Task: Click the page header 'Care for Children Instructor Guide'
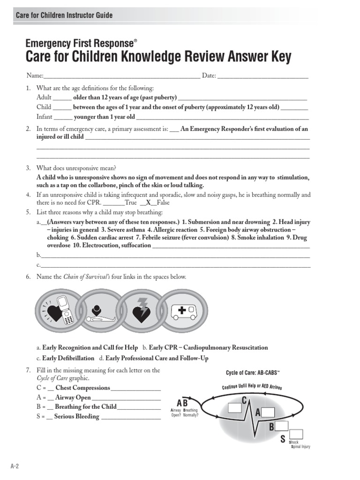click(64, 15)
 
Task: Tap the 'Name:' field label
click(35, 75)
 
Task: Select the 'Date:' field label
click(209, 75)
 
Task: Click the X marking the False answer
click(149, 203)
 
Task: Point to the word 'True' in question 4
click(131, 203)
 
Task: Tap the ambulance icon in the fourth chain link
click(184, 310)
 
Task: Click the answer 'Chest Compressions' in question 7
click(82, 388)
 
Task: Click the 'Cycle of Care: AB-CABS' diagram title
click(253, 373)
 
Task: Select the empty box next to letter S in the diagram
click(296, 434)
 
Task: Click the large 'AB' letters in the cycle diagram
click(182, 403)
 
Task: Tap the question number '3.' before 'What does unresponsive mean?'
click(29, 168)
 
